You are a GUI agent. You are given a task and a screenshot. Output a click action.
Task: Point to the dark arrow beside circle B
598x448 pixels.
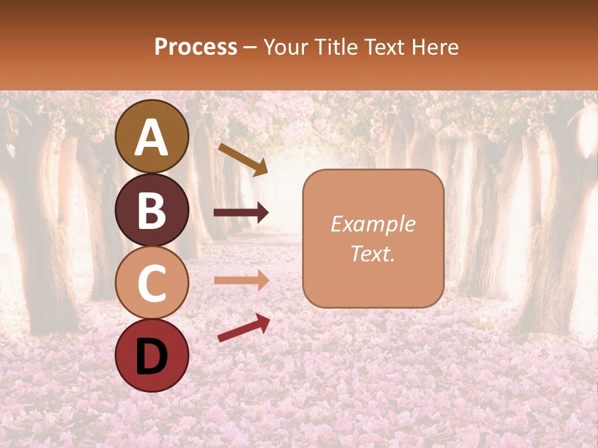241,213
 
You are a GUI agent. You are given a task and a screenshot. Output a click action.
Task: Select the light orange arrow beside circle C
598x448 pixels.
241,280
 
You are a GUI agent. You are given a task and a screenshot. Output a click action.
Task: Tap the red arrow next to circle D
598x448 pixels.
244,328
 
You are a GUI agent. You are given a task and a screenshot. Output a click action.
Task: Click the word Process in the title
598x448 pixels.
196,47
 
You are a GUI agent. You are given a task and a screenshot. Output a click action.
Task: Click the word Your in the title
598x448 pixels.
288,47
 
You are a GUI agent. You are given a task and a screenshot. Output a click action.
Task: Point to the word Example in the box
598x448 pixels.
373,224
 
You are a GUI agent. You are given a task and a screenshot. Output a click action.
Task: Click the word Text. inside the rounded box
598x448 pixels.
373,254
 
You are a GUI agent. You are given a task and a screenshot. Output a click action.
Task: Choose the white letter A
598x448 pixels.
152,138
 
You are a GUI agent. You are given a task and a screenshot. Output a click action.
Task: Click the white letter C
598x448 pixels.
152,283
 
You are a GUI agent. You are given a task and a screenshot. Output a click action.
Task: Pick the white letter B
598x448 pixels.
152,210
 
